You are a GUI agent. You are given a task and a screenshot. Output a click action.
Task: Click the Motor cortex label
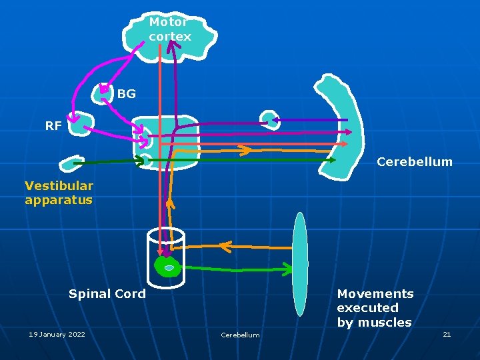coord(170,29)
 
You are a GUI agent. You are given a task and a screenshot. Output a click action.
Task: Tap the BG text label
coord(126,94)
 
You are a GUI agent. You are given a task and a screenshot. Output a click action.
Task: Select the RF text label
coord(53,125)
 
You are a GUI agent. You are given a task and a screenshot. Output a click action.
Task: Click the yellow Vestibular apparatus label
coord(59,192)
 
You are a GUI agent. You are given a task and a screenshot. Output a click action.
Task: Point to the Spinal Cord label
coord(107,293)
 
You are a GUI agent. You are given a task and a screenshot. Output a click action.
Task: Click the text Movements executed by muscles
coord(375,308)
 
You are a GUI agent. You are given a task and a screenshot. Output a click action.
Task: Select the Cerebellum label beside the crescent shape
coord(414,161)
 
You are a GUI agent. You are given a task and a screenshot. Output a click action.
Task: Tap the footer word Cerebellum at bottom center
coord(240,335)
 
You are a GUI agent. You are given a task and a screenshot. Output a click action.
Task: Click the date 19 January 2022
coord(57,334)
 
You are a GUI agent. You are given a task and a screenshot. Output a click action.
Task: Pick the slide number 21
coord(447,334)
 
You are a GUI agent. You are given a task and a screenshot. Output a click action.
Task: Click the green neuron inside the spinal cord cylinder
coord(168,267)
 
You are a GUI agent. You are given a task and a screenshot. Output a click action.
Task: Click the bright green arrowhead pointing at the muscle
coord(287,269)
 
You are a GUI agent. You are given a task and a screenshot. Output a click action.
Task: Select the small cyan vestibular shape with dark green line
coord(69,164)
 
